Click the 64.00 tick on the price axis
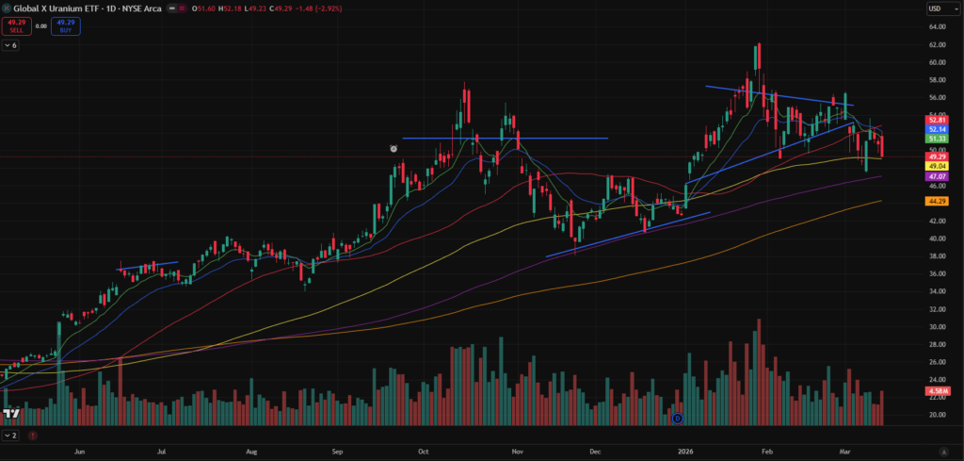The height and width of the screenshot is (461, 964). point(936,26)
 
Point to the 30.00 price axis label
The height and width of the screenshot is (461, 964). point(936,326)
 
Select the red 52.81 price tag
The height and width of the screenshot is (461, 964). point(936,120)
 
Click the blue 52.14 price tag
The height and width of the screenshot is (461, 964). point(936,129)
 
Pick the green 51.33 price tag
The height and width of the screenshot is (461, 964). point(936,139)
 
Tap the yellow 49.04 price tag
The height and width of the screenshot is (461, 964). point(936,165)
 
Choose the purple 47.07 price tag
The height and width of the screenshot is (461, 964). point(936,176)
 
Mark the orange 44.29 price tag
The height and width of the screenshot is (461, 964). point(936,201)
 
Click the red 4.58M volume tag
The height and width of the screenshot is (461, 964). point(937,390)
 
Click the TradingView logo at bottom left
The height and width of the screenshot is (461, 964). point(12,415)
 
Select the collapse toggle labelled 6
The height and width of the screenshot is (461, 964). point(10,45)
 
